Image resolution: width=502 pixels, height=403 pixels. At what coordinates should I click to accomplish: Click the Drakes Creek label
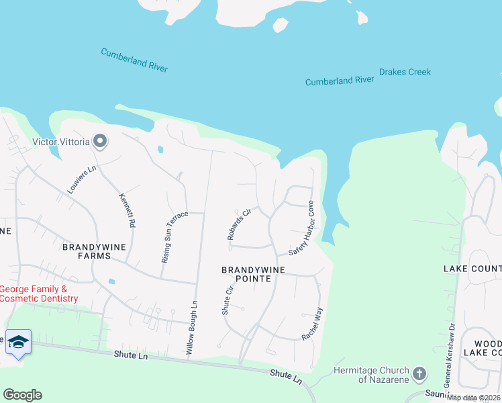(x=405, y=72)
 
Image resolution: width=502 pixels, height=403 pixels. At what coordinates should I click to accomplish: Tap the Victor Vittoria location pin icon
(x=101, y=141)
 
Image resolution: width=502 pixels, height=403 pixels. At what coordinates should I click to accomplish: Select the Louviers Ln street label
(x=82, y=180)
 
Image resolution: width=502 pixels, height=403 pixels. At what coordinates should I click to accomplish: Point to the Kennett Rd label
(x=127, y=210)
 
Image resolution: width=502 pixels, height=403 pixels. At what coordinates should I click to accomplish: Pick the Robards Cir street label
(x=238, y=224)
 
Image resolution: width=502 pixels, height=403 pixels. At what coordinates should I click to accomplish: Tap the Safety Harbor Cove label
(x=301, y=228)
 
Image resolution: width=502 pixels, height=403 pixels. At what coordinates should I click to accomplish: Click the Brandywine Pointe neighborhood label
(x=254, y=275)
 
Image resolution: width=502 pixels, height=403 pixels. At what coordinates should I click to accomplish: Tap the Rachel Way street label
(x=312, y=324)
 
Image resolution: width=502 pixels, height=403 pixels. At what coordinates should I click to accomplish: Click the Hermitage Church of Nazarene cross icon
(x=419, y=373)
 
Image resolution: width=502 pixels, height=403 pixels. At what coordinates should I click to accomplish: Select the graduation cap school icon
(x=18, y=341)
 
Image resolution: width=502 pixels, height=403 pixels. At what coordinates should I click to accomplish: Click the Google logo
(x=22, y=395)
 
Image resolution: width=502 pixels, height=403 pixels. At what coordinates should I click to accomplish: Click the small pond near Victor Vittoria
(x=160, y=149)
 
